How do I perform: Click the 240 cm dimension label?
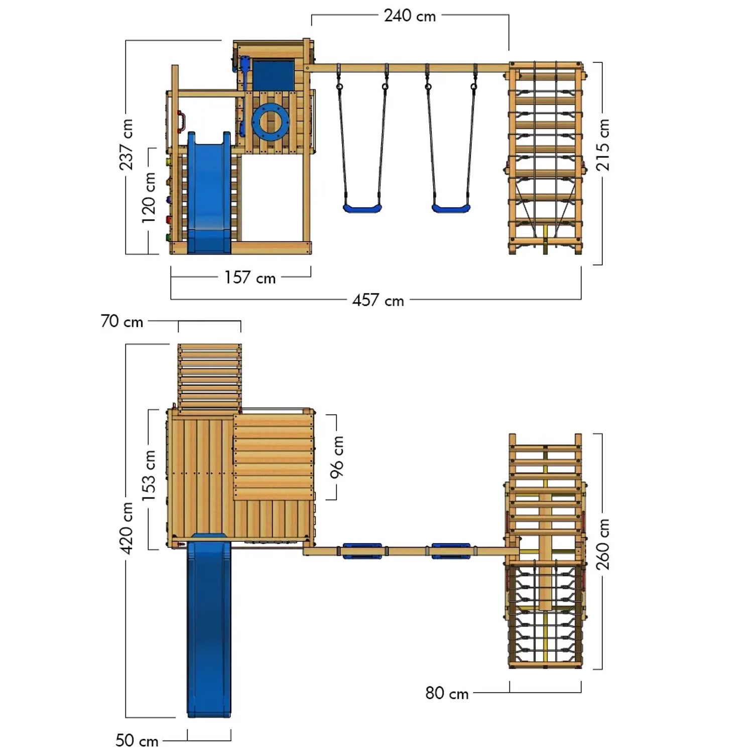tap(410, 16)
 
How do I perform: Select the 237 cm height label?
tap(126, 144)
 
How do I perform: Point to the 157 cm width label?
tap(250, 278)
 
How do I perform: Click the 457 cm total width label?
tap(378, 301)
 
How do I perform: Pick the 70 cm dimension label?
tap(122, 321)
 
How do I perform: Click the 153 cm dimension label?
tap(149, 475)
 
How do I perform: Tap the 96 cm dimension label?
tap(337, 457)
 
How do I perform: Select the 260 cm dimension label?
tap(602, 544)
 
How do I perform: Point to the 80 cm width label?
tap(447, 693)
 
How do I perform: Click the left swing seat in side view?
tap(362, 207)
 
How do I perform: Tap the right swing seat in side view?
tap(451, 207)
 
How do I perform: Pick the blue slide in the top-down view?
tap(209, 627)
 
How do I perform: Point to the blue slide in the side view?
tap(209, 193)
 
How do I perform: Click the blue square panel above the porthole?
tap(273, 75)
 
